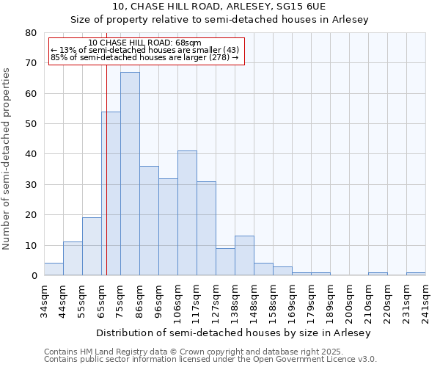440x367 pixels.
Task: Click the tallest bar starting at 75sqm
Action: [x=130, y=174]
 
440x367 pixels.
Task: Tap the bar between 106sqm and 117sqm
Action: [x=187, y=213]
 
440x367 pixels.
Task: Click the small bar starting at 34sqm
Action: [x=54, y=269]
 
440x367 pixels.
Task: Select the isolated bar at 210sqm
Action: [x=378, y=274]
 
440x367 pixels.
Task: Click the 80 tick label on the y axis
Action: [x=30, y=33]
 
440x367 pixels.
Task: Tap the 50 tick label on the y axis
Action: [x=30, y=124]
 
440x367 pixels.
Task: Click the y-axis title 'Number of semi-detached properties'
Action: [x=7, y=159]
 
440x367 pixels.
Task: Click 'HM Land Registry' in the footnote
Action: [x=113, y=352]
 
